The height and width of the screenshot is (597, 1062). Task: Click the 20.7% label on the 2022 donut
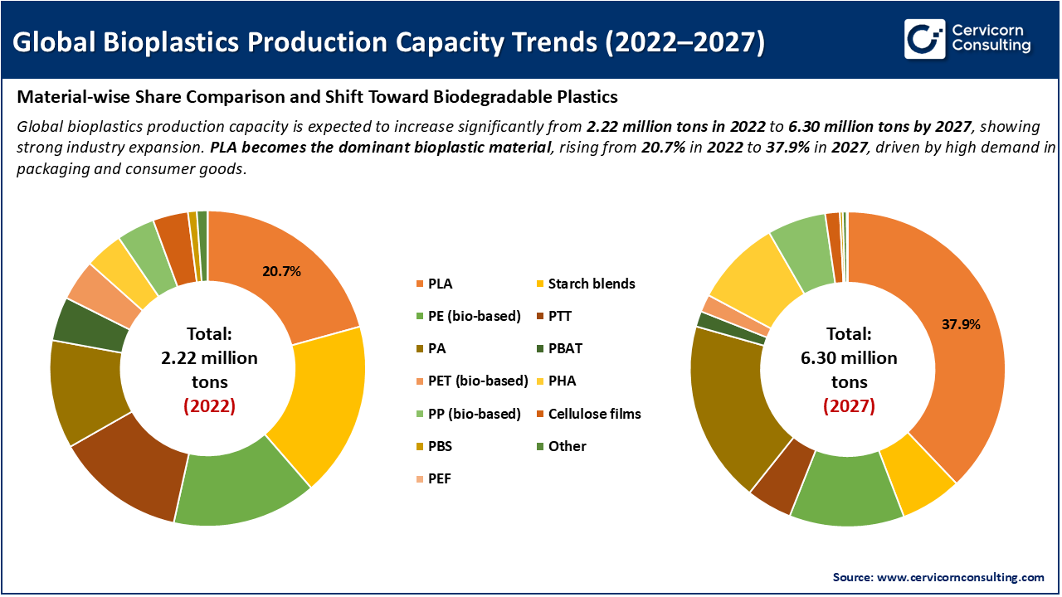click(281, 271)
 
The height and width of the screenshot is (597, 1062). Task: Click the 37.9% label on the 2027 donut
click(961, 324)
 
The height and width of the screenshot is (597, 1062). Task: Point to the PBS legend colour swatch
click(418, 446)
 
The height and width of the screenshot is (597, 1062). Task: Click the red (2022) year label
click(209, 406)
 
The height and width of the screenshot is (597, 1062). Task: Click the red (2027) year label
click(849, 406)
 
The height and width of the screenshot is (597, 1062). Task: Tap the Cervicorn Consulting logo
click(967, 39)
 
